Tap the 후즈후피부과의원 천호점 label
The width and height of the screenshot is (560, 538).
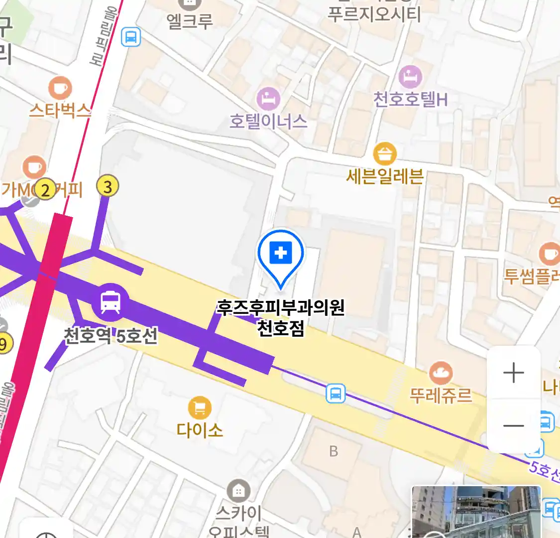click(281, 317)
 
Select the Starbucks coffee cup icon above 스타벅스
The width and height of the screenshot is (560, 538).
click(60, 89)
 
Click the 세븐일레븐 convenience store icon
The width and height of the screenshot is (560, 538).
click(385, 154)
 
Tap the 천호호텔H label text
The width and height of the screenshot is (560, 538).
click(411, 100)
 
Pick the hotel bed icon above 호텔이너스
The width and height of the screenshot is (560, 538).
click(268, 99)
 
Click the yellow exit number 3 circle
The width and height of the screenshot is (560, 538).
click(108, 187)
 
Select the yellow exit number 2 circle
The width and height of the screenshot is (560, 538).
click(46, 190)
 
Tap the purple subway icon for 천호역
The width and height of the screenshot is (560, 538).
click(110, 301)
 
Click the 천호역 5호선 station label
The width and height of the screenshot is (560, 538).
click(111, 336)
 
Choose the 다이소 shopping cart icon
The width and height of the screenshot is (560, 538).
click(200, 408)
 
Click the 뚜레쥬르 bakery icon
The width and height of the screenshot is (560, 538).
click(441, 373)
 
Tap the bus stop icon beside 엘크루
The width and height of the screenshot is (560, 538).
click(131, 37)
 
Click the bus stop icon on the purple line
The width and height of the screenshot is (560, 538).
click(336, 394)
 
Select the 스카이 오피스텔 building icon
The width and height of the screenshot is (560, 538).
click(238, 491)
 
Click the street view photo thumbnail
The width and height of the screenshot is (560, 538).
click(476, 512)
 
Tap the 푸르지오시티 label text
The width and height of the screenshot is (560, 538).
click(374, 14)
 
